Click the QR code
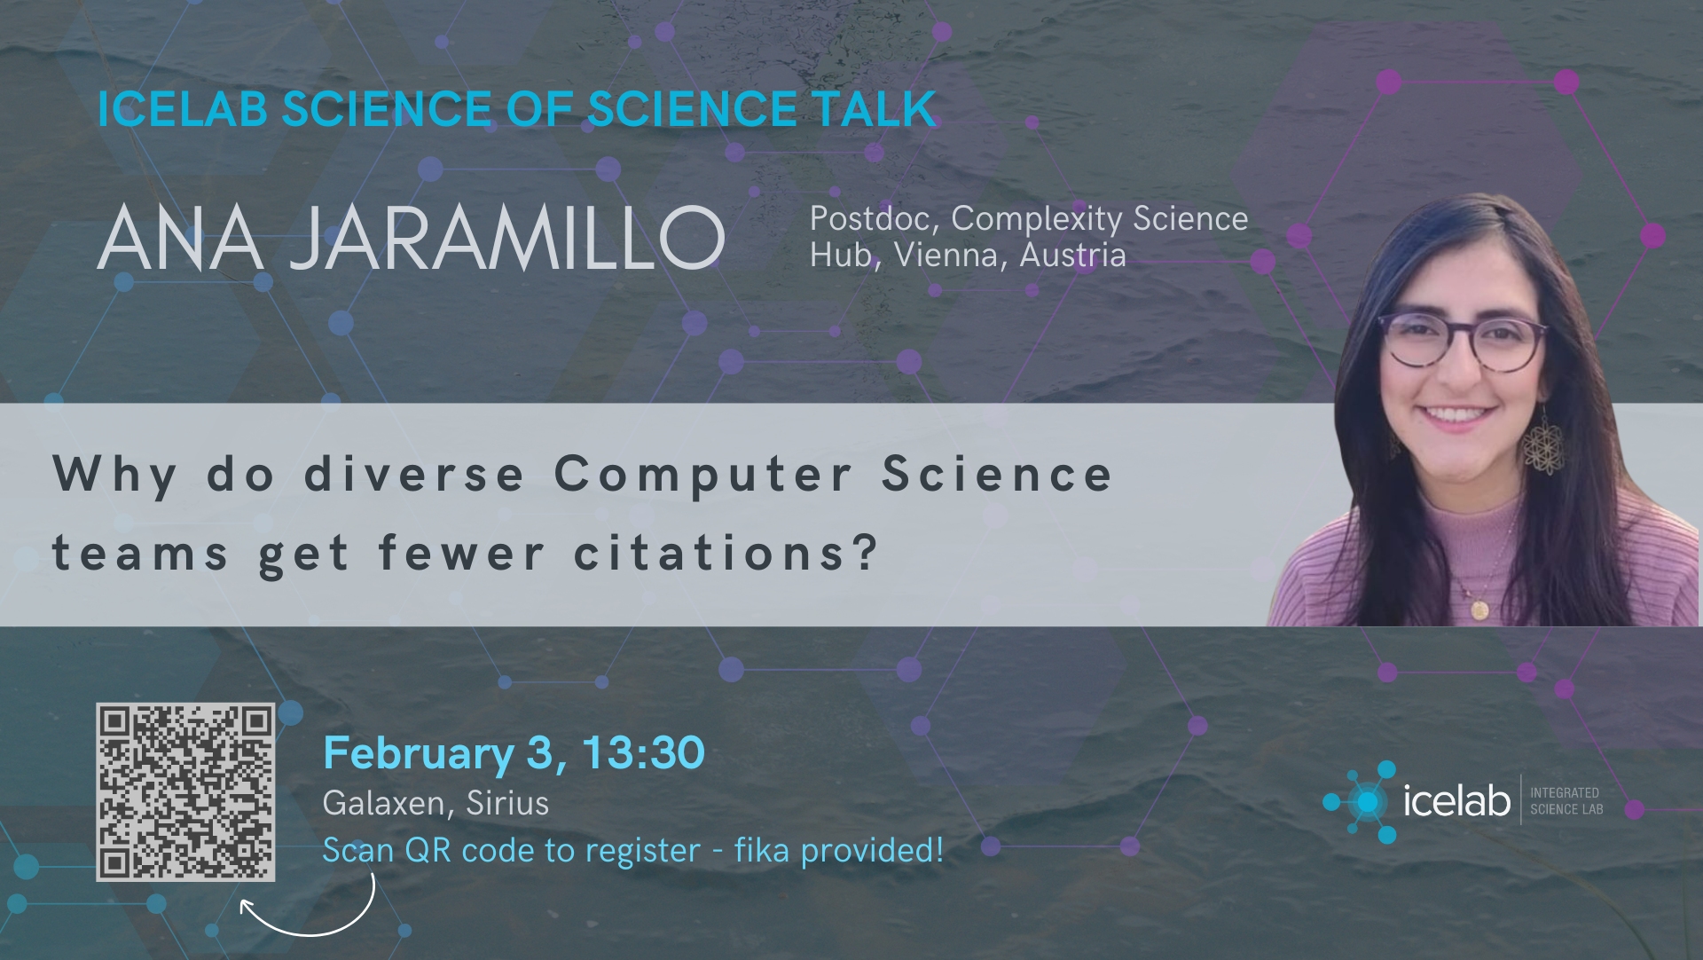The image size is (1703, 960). click(185, 792)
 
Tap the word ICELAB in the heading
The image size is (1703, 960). click(183, 109)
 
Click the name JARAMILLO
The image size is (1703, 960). click(507, 238)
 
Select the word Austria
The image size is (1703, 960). click(1072, 256)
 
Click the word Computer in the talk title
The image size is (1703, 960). click(703, 475)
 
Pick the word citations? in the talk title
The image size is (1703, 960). click(726, 553)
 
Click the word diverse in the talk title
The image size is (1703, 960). click(414, 474)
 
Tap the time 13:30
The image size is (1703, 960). click(644, 753)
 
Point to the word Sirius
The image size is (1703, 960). click(507, 803)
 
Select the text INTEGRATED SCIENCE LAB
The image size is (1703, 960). click(1566, 801)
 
